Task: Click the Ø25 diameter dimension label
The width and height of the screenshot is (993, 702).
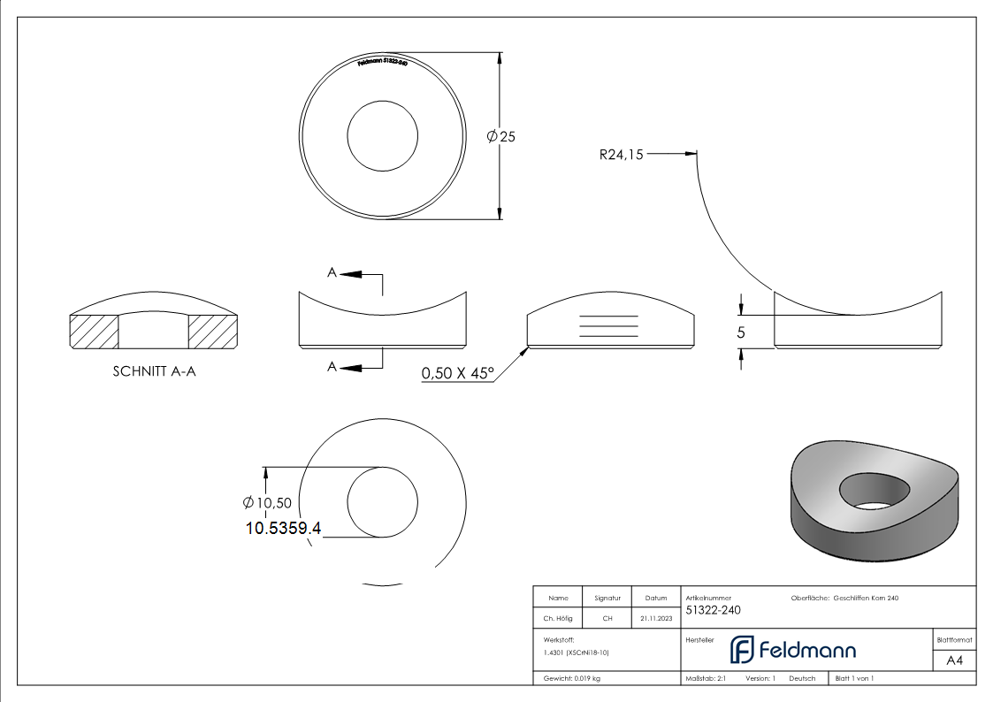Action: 500,136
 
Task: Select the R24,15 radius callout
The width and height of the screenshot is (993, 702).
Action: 621,155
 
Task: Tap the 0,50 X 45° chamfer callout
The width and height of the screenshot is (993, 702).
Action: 456,373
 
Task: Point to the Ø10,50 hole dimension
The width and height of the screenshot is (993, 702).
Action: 267,503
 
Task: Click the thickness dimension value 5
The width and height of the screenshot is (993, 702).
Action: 741,332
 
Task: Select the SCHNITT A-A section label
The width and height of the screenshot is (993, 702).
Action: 154,371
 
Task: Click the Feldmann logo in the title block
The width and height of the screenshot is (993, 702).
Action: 792,650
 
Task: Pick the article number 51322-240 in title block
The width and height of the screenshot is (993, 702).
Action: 713,610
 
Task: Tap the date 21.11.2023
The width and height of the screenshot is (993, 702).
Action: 655,619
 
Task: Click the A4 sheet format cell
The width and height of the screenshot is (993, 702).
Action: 954,660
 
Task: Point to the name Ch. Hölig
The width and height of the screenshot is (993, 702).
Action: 558,619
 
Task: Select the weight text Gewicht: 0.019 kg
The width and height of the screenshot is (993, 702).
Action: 572,678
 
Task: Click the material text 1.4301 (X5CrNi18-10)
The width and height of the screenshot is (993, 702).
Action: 577,652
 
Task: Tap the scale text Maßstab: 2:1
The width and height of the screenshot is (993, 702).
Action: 706,678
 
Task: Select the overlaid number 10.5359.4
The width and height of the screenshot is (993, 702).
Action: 283,529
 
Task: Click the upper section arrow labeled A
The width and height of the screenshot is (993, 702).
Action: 351,274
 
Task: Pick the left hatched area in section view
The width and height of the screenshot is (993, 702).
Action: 94,331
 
